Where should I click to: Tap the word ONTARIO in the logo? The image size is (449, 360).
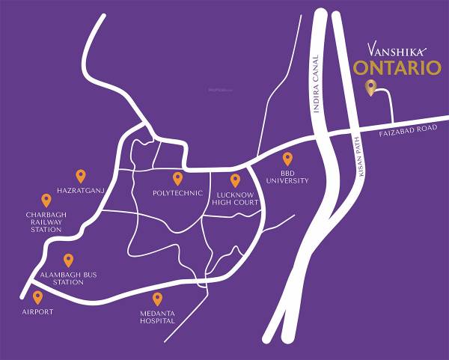[397, 68]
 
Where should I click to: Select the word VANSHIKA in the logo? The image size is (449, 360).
[397, 49]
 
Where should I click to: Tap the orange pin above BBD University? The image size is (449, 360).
[287, 159]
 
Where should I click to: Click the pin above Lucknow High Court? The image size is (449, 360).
[235, 180]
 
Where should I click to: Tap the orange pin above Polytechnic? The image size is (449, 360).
[177, 178]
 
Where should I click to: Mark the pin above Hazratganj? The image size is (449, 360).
[81, 176]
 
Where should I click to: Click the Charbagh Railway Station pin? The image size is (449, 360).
[46, 200]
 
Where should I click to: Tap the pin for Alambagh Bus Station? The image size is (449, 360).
[68, 260]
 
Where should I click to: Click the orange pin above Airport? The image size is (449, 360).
[37, 297]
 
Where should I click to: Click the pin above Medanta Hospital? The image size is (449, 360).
[157, 298]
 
